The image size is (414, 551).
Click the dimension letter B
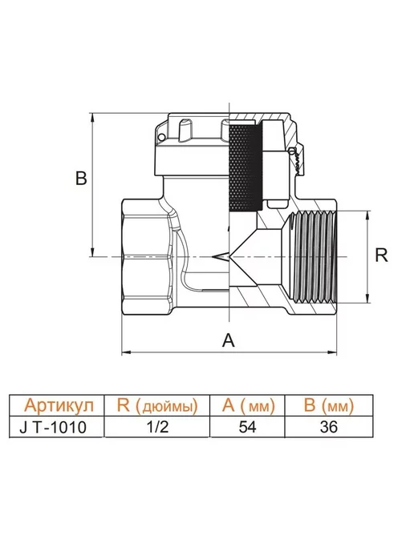click(81, 178)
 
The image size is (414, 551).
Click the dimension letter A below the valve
click(228, 340)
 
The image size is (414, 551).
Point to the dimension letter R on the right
click(381, 255)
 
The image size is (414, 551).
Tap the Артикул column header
click(59, 405)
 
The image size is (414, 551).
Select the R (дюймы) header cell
click(157, 405)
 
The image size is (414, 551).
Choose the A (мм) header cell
click(249, 405)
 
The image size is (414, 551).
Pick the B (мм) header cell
click(328, 405)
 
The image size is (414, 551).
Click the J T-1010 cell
click(53, 428)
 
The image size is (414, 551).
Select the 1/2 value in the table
click(158, 427)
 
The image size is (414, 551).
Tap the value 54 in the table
click(248, 427)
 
